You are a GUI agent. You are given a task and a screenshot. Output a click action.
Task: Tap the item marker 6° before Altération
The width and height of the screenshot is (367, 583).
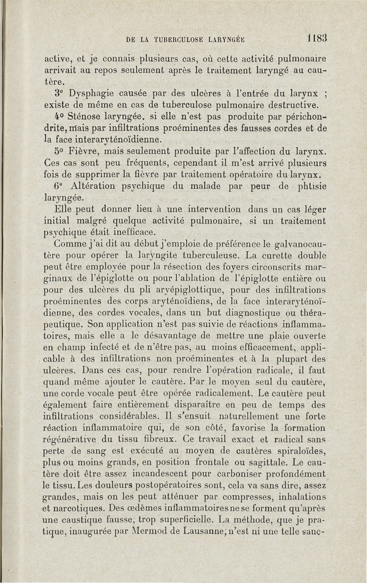click(x=58, y=187)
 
